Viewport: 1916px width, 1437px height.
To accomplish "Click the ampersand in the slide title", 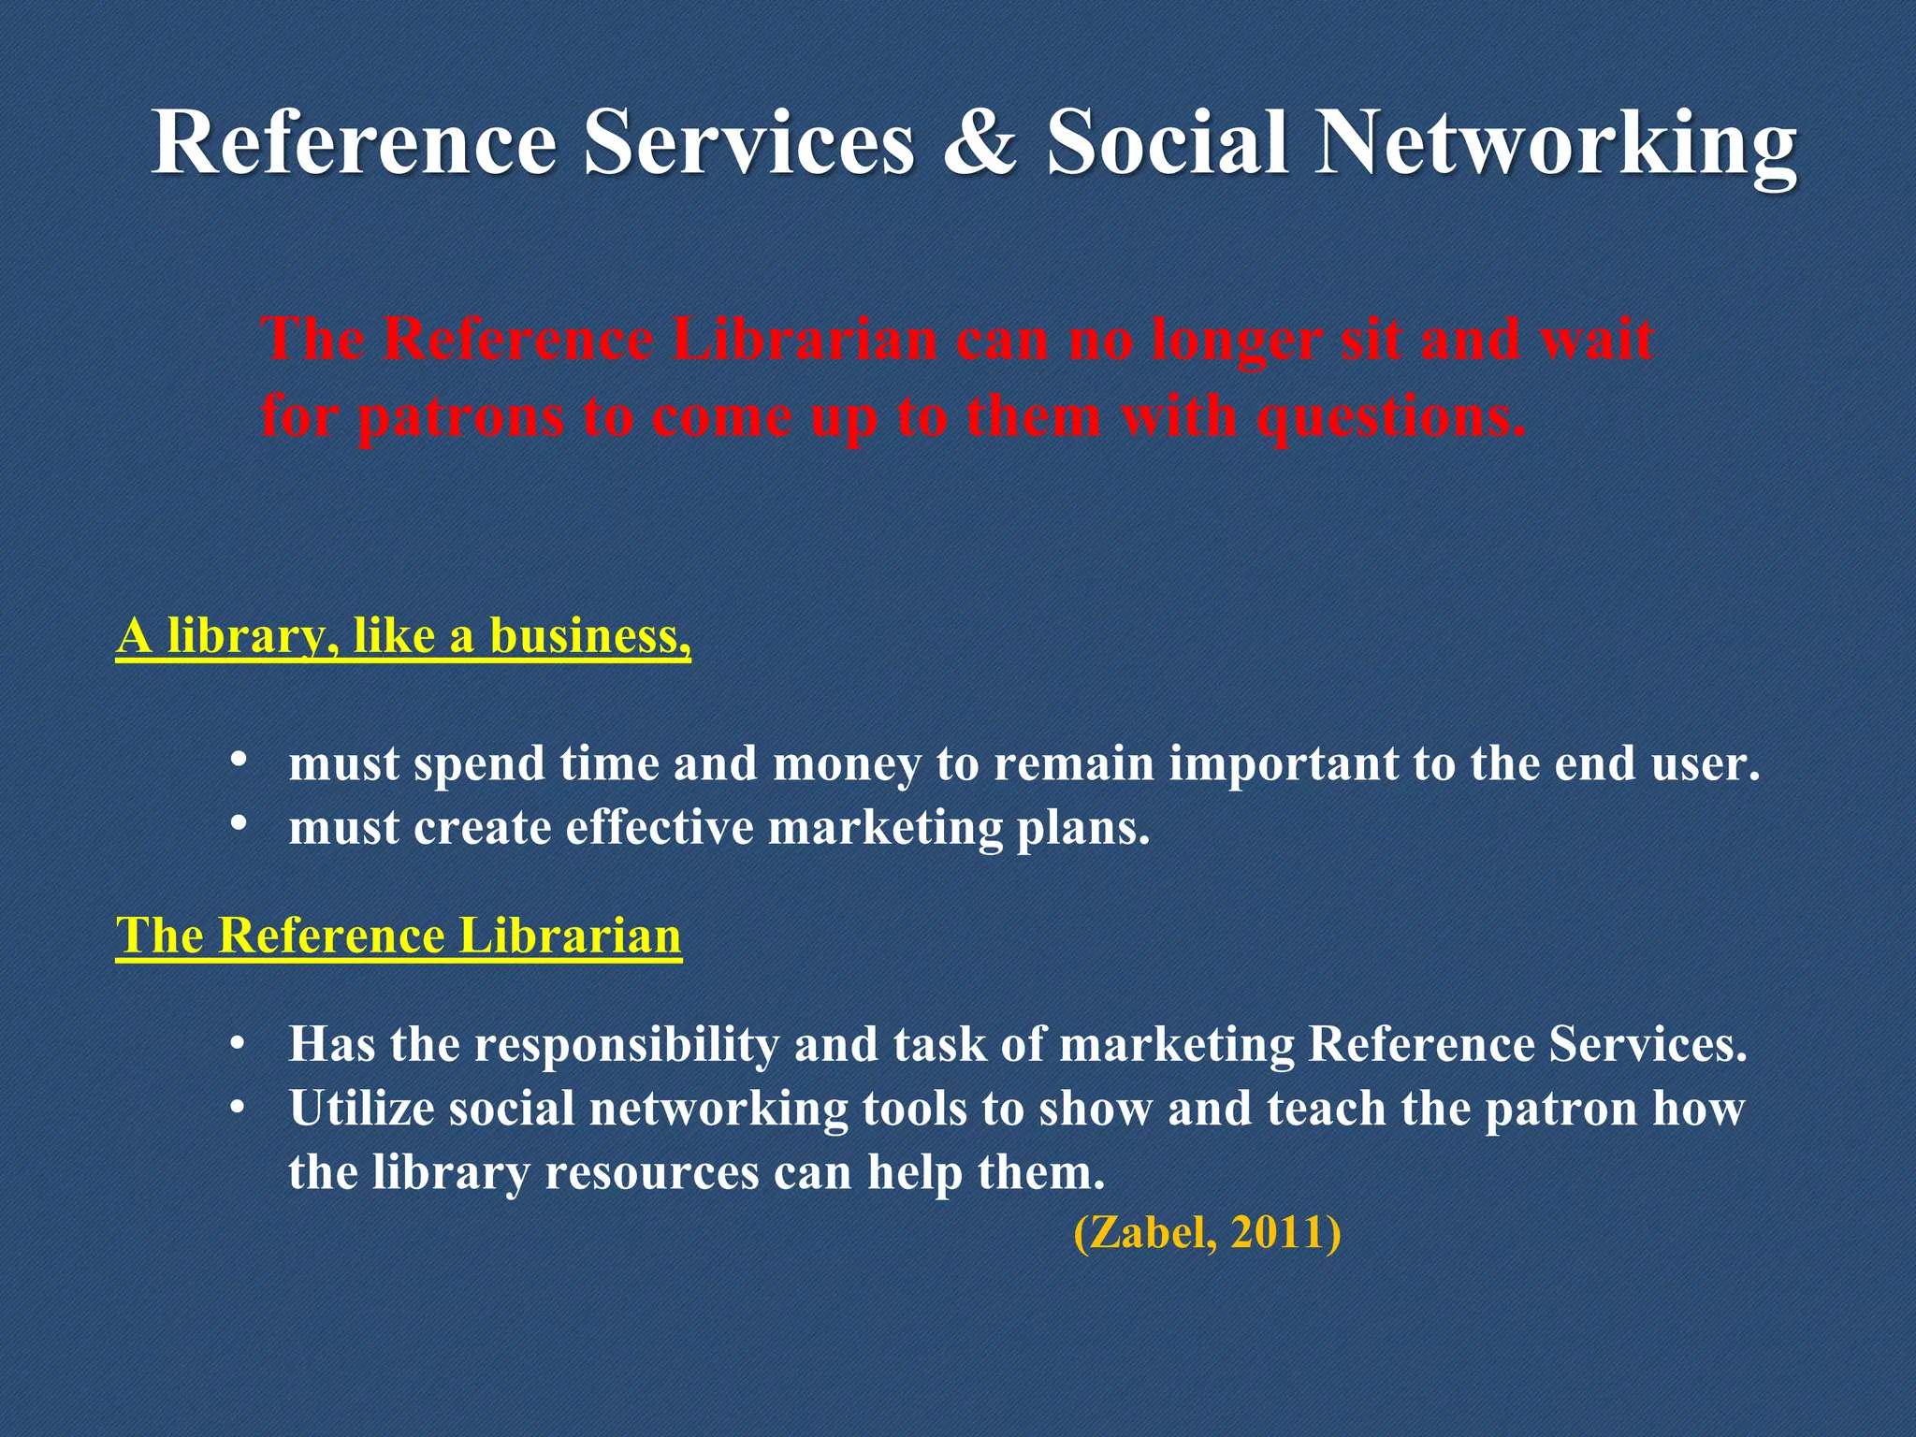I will [979, 142].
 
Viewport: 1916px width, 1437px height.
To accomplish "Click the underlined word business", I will [589, 636].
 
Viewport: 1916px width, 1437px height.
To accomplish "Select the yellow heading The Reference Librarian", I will [399, 936].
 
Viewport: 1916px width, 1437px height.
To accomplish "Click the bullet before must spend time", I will [239, 758].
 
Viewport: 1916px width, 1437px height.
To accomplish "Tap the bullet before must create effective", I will [239, 822].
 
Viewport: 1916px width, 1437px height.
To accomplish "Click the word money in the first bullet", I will [848, 765].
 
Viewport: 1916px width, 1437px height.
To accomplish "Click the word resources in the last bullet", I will [651, 1173].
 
